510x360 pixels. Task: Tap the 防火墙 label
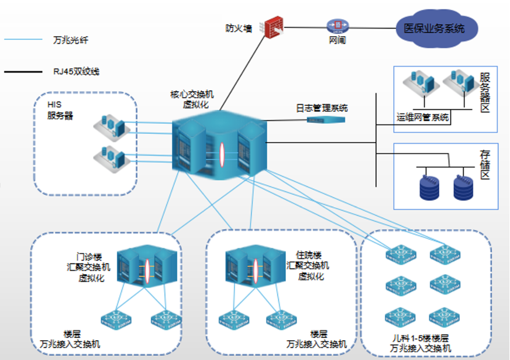(x=239, y=27)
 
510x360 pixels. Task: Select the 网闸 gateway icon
(x=338, y=25)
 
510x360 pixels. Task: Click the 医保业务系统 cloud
(x=436, y=27)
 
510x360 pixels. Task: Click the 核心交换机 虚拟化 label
(x=192, y=99)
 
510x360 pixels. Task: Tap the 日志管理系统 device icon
(x=326, y=120)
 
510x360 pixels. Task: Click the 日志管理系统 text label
(x=322, y=108)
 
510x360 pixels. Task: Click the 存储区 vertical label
(x=485, y=166)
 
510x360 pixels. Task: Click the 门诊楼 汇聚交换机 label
(x=88, y=266)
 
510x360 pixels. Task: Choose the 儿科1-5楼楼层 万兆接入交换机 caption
(x=422, y=343)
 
